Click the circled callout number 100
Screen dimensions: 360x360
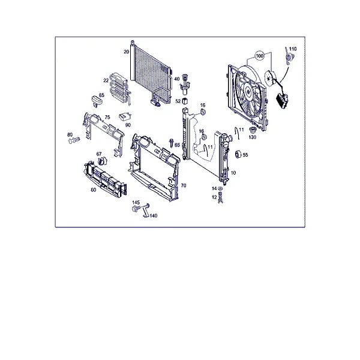coord(259,56)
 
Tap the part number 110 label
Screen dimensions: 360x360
coord(293,49)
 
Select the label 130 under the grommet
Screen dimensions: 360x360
coord(253,137)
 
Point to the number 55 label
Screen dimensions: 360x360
coord(245,155)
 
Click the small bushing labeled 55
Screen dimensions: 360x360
coord(238,154)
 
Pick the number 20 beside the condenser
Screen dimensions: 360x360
coord(126,52)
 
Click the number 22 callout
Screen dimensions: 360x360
coord(106,80)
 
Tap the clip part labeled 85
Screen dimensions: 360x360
coord(96,101)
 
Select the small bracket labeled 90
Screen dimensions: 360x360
coord(125,116)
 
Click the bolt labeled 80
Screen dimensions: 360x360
coord(74,140)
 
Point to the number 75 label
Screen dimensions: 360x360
coord(107,117)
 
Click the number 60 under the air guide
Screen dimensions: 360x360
coord(94,190)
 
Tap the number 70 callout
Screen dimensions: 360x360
coord(184,185)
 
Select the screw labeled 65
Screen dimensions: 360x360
coord(171,143)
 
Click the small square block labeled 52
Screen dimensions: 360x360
coord(185,101)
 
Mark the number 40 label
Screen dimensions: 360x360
coord(176,79)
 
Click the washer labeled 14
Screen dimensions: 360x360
coord(220,188)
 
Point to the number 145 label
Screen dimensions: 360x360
coord(136,203)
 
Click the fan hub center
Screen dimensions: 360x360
coord(248,91)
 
